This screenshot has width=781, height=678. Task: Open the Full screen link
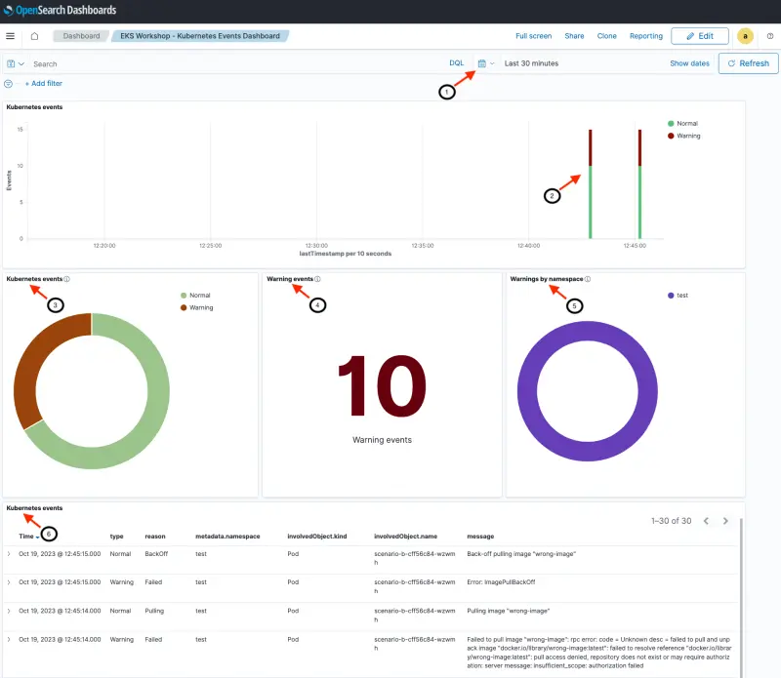click(x=533, y=36)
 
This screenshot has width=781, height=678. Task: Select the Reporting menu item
click(x=645, y=36)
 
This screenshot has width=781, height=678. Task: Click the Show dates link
click(x=689, y=63)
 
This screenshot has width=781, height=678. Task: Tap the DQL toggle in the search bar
click(x=456, y=63)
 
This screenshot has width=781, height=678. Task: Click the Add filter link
click(x=43, y=84)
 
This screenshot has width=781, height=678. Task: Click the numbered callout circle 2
click(x=552, y=196)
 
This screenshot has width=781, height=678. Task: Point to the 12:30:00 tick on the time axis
click(x=316, y=246)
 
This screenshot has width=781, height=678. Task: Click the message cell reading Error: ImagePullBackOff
click(x=501, y=581)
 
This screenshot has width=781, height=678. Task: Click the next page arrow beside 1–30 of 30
click(x=725, y=521)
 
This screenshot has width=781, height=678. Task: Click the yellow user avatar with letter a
click(x=745, y=36)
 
